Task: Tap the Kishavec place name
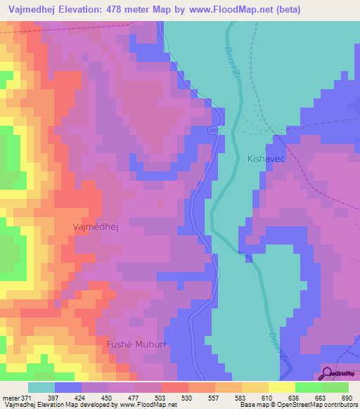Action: point(266,160)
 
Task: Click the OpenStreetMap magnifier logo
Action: point(327,373)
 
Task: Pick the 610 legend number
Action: point(264,398)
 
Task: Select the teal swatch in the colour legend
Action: point(41,387)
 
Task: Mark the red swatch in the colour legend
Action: point(174,387)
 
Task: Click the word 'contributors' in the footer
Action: point(340,405)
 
